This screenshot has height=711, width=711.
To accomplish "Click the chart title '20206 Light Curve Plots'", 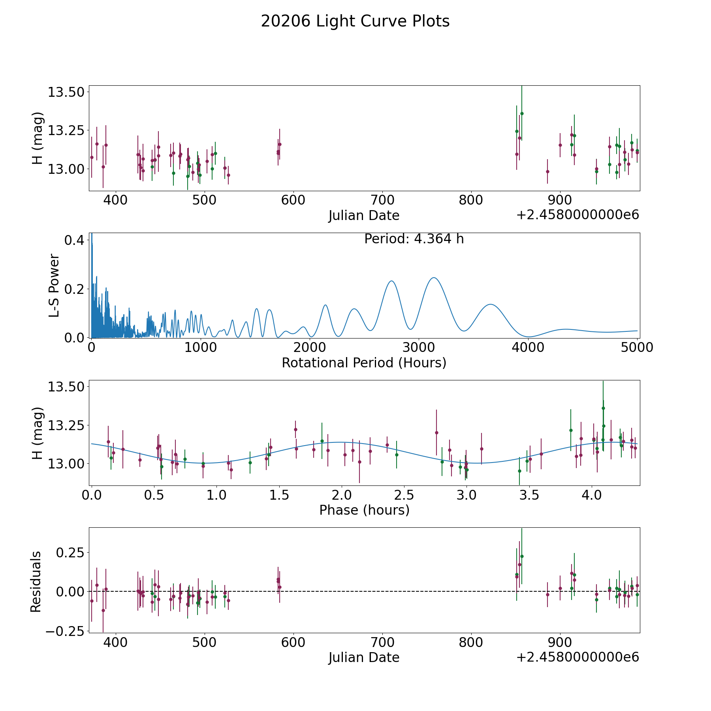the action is point(355,21).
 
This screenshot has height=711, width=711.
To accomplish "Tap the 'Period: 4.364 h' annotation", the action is point(414,239).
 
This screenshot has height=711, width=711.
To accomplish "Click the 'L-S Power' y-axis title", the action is point(54,286).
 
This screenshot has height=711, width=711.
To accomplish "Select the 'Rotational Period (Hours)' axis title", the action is point(364,363).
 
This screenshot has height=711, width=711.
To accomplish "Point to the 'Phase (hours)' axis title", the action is point(364,510).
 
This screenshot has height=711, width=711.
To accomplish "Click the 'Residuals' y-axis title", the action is point(36,581).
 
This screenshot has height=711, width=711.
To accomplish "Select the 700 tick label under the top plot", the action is point(382,200).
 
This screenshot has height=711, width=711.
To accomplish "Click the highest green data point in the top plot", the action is point(522,113).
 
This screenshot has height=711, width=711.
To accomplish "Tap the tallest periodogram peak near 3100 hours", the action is point(434,278).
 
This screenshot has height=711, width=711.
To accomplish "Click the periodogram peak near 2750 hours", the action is point(391,281).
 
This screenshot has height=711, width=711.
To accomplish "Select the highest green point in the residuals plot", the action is point(522,556).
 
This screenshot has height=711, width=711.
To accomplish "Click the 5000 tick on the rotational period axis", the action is point(637,347).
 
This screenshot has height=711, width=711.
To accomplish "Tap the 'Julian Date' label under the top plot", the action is point(364,215).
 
